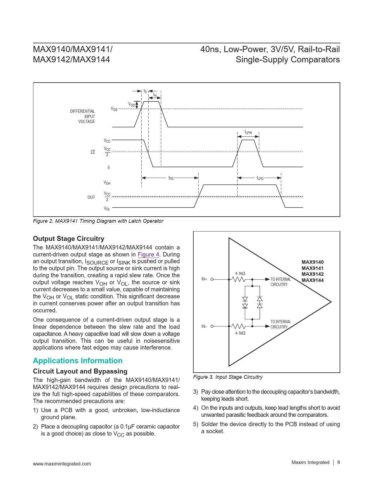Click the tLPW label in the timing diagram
tap(248, 133)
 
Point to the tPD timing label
tap(171, 178)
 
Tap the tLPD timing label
tap(260, 178)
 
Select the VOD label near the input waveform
tap(131, 105)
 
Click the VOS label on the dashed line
tap(114, 109)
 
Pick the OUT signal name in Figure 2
tap(91, 197)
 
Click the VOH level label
tap(107, 183)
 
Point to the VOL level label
tap(107, 208)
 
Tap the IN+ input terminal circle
tap(212, 279)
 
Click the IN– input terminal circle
tap(212, 326)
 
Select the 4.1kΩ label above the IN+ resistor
tap(240, 273)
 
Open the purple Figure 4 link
tap(148, 254)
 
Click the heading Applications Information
tap(78, 361)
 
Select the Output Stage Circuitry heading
tap(68, 239)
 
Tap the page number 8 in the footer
tap(338, 462)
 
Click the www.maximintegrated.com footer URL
tap(62, 464)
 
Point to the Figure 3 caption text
tap(228, 377)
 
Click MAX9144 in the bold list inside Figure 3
tap(312, 280)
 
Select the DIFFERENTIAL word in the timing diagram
tap(82, 111)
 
